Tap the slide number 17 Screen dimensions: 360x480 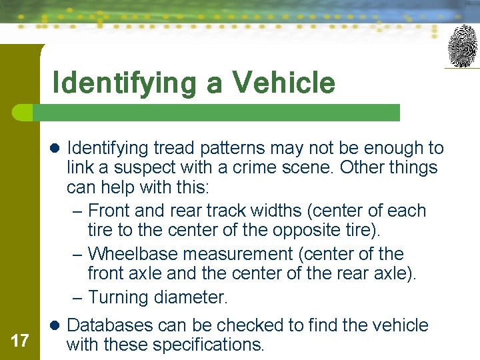pos(20,341)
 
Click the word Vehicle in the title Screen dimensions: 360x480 pos(283,83)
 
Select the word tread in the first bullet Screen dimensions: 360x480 pos(174,148)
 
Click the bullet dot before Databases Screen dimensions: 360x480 pos(55,325)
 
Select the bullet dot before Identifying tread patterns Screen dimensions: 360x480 pos(55,148)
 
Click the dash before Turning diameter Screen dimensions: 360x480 pos(77,297)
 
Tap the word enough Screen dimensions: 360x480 pos(388,148)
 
